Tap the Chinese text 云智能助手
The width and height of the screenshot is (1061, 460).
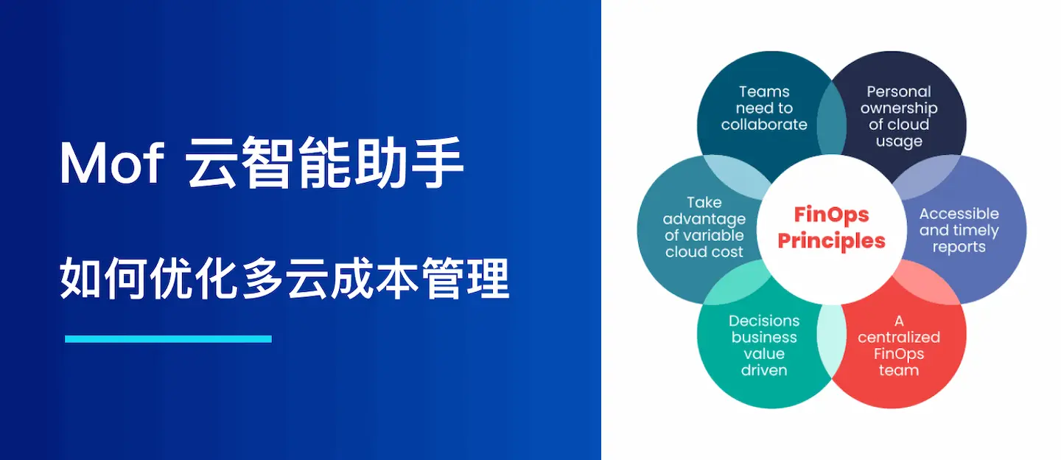[325, 164]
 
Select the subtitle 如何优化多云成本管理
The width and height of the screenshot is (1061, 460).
[284, 279]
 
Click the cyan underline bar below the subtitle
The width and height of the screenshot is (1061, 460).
[168, 339]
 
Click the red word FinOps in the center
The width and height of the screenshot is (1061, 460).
[831, 215]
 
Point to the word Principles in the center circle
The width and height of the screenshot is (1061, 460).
[831, 240]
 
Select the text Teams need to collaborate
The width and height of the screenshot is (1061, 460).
[764, 108]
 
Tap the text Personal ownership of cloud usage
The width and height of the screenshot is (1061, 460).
[899, 116]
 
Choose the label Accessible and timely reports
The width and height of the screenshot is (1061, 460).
[959, 230]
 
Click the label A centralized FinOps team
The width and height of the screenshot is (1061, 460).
[899, 345]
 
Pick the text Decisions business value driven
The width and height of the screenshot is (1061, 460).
[764, 345]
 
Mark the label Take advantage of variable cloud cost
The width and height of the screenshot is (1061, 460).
[704, 227]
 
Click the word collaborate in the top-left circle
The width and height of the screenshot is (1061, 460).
[764, 125]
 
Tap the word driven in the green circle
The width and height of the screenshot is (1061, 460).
[764, 370]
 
